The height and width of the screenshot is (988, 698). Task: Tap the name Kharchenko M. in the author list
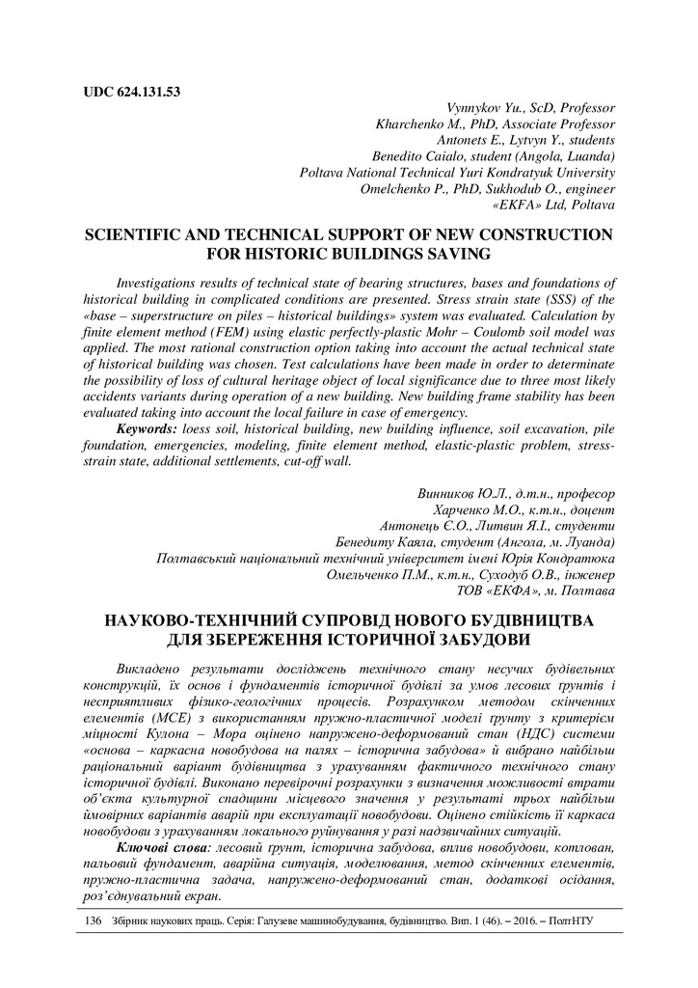416,124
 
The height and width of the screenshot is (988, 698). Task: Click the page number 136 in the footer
94,921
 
